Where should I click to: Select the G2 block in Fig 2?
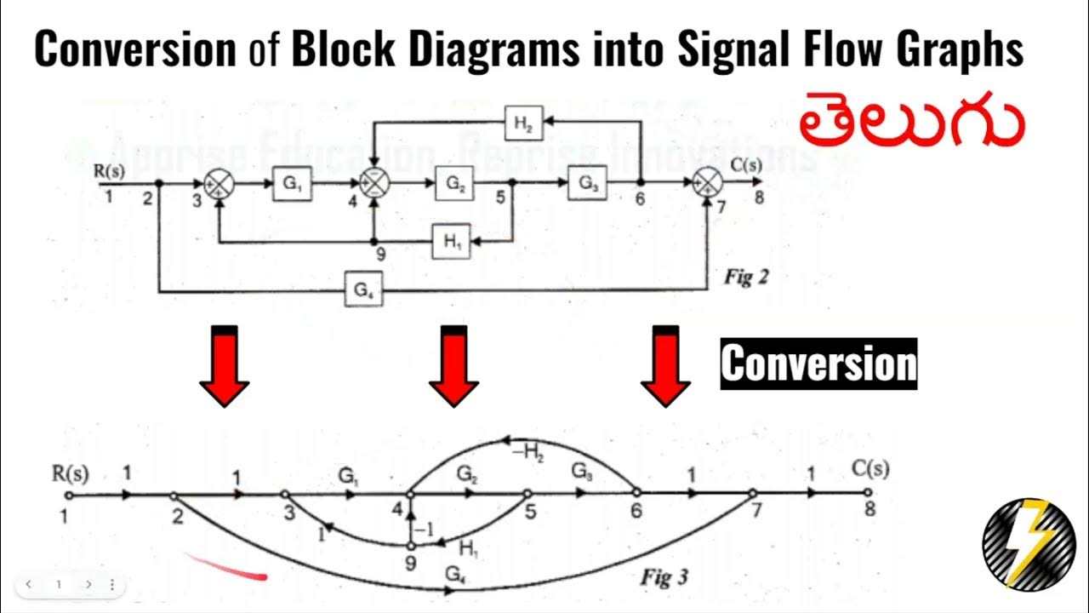[x=453, y=184]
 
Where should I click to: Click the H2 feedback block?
[x=523, y=123]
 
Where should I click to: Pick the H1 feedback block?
[x=450, y=243]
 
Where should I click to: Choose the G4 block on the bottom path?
[x=363, y=291]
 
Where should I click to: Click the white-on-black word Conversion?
[x=818, y=364]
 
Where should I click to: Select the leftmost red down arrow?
[x=225, y=366]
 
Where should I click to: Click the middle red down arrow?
[x=453, y=366]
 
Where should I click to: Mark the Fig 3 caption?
[x=664, y=577]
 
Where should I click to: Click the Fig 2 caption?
[x=745, y=277]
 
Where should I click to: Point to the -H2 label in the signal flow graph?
[x=527, y=452]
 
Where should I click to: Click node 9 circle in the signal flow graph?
[x=411, y=545]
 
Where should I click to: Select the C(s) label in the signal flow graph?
[x=869, y=470]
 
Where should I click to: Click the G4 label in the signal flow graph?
[x=455, y=575]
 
